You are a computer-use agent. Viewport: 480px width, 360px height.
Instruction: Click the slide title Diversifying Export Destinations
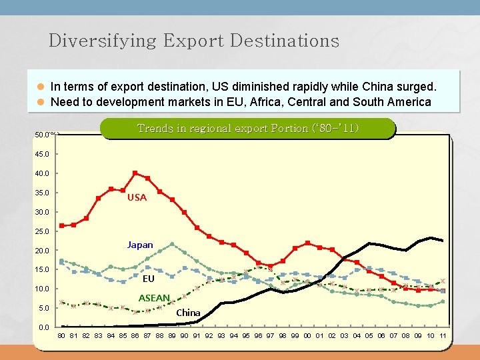point(194,41)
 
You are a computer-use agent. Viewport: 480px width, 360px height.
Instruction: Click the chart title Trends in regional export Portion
point(247,128)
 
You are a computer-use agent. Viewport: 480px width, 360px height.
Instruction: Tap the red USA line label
point(137,197)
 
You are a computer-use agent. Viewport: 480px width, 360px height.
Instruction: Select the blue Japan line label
point(140,245)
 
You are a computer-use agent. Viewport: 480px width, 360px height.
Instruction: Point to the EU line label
point(148,279)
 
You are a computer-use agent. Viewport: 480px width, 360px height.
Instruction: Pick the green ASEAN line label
point(154,297)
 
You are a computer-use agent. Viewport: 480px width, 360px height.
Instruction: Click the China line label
point(188,312)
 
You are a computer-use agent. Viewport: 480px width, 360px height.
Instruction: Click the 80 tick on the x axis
point(61,335)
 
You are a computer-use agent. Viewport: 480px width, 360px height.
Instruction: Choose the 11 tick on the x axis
point(443,335)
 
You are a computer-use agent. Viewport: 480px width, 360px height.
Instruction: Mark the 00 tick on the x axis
point(307,335)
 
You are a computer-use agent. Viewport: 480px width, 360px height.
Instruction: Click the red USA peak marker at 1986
point(135,173)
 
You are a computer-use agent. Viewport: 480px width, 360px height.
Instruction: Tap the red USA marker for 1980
point(61,225)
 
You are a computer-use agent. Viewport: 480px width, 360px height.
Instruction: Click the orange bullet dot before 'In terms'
point(40,87)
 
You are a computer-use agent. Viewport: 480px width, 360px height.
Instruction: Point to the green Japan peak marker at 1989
point(172,244)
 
